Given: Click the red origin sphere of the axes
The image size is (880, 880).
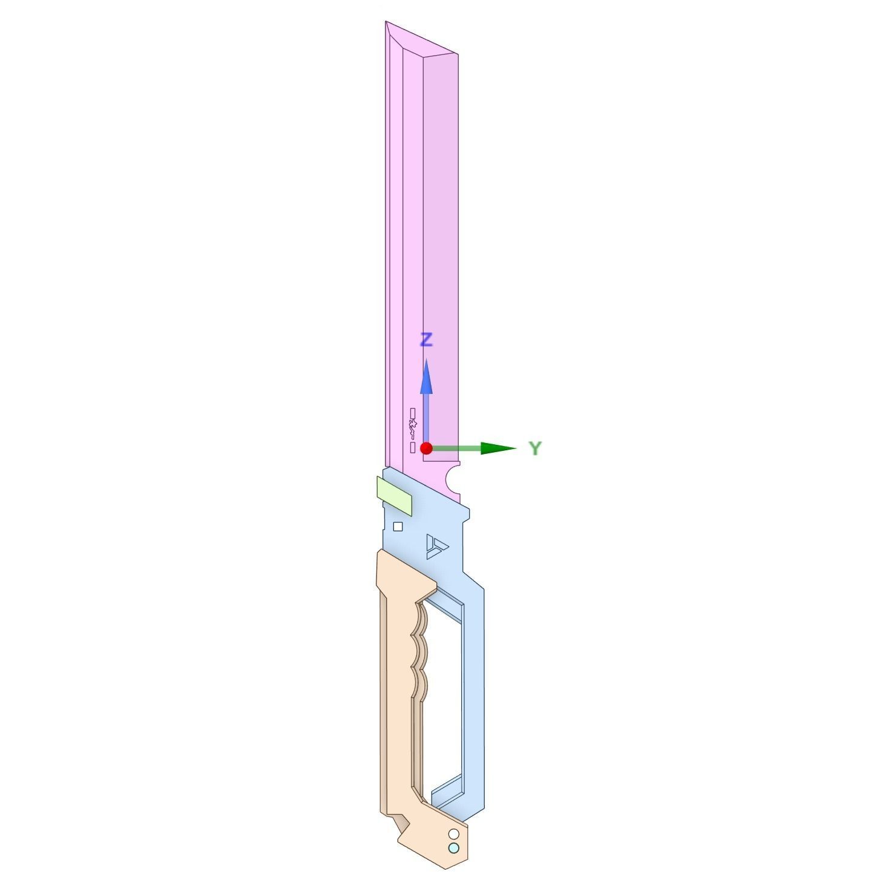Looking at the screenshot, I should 426,448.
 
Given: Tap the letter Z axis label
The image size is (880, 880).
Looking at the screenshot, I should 427,340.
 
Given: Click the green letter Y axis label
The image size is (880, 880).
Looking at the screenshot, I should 535,448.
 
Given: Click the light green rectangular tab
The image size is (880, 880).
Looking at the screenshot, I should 394,496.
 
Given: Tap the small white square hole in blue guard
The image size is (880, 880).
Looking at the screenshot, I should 398,527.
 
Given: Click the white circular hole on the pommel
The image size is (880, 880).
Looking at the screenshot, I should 453,835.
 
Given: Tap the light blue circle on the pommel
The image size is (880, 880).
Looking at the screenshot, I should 453,848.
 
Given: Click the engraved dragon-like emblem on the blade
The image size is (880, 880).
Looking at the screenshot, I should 413,430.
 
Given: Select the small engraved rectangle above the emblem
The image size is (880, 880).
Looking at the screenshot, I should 413,413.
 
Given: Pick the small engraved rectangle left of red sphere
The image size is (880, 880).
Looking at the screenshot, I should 412,448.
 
